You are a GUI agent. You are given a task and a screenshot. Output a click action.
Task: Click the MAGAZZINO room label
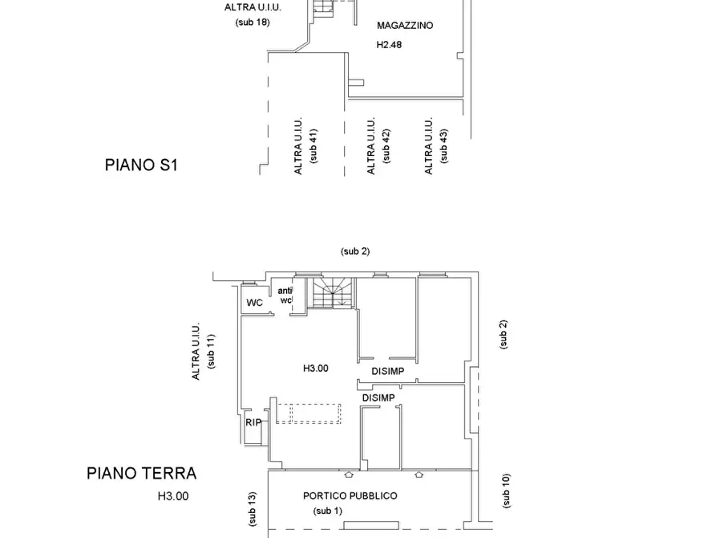click(x=405, y=26)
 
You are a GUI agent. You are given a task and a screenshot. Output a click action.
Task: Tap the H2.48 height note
click(x=389, y=45)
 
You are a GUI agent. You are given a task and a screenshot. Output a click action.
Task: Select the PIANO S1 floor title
click(x=141, y=165)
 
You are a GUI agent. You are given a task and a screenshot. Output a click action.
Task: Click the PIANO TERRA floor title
click(x=142, y=473)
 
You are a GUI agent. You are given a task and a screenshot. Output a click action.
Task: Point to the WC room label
click(x=254, y=303)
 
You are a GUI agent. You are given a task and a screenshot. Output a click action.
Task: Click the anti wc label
click(x=285, y=295)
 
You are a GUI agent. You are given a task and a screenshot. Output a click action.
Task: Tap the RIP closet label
click(x=253, y=422)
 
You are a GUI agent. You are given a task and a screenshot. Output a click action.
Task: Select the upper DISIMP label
click(x=388, y=372)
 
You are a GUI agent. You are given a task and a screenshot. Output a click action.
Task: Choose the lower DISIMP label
click(x=378, y=398)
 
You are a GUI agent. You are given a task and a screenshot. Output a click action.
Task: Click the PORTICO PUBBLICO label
click(x=350, y=496)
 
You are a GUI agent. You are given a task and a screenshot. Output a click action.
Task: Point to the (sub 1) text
click(x=328, y=511)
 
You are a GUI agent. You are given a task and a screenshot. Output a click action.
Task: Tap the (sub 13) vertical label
click(x=252, y=509)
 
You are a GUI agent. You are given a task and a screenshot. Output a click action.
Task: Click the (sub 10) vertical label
click(x=505, y=491)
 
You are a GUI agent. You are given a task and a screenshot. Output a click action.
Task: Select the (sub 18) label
click(x=253, y=22)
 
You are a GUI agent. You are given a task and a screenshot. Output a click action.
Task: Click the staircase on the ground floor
click(x=334, y=293)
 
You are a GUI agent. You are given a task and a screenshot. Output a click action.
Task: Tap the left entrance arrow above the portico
click(x=349, y=475)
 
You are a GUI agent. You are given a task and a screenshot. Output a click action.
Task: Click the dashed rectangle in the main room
click(x=309, y=414)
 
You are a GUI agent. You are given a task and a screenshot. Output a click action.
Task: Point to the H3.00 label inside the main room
click(x=316, y=369)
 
